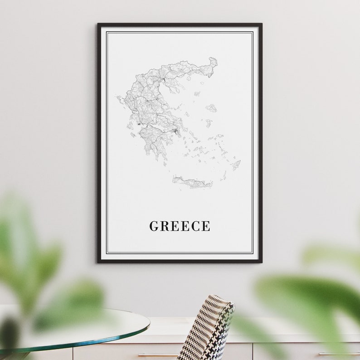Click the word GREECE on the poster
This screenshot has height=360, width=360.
tap(180, 226)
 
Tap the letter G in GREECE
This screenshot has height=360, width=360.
tap(153, 226)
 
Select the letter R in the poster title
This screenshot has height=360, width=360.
tap(164, 226)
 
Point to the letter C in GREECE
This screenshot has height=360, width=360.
tap(195, 226)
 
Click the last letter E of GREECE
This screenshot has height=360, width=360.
tap(206, 226)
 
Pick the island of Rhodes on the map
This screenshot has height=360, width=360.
tap(236, 165)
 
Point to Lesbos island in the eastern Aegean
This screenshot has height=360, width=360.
tap(211, 108)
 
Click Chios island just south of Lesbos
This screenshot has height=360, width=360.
tap(208, 122)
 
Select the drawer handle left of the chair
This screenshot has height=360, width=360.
tap(152, 355)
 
